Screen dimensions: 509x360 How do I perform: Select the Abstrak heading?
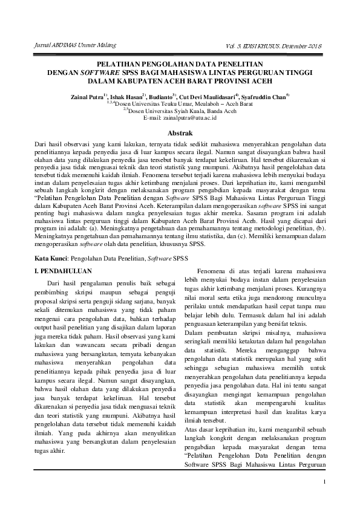coord(180,132)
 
